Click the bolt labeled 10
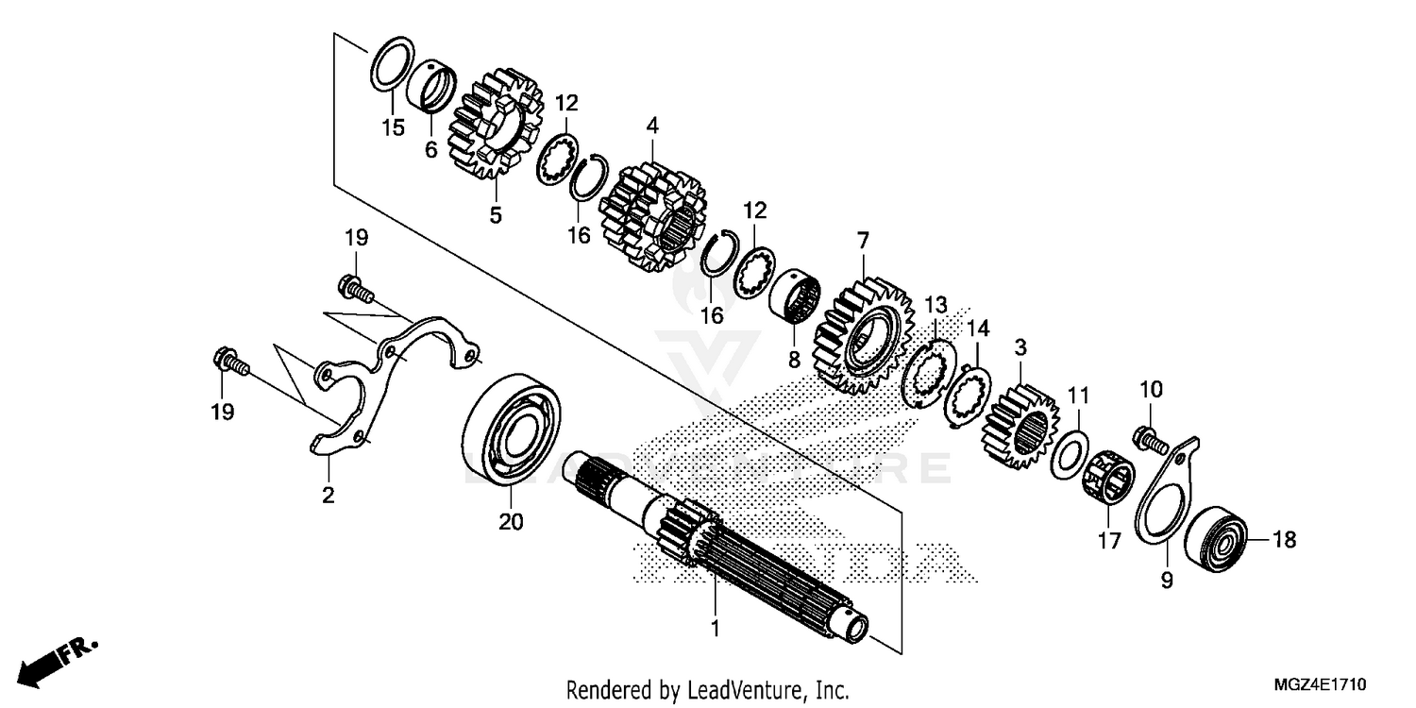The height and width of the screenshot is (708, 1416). pos(1144,435)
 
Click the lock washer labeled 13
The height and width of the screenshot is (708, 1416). pos(926,373)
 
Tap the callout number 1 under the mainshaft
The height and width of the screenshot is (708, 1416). pos(715,628)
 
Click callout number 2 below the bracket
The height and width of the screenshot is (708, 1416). pos(328,495)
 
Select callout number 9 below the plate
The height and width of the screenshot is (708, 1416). pos(1167,582)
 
